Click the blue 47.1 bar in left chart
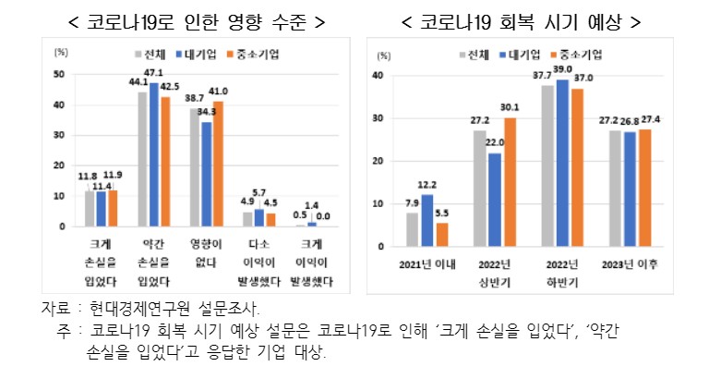click(154, 154)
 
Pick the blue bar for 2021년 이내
click(427, 221)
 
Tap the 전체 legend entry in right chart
click(475, 54)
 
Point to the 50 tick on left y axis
click(60, 74)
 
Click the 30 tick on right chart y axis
click(378, 118)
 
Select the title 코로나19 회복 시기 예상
click(521, 19)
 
